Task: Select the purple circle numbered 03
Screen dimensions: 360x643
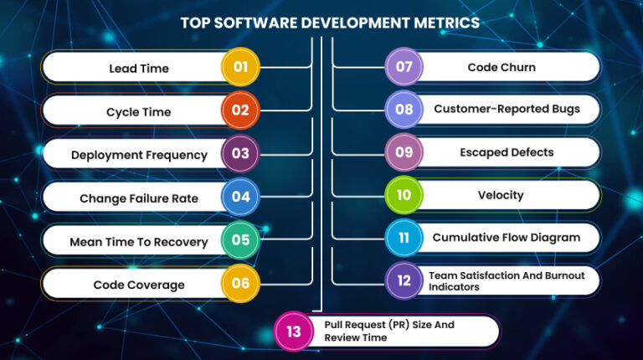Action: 240,154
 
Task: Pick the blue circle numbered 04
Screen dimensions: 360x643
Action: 240,198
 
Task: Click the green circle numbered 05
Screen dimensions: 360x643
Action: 240,241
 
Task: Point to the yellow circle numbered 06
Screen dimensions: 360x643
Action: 240,284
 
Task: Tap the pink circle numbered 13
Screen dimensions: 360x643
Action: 294,332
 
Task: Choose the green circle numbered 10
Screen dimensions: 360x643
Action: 404,195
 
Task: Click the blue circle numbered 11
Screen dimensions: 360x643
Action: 404,238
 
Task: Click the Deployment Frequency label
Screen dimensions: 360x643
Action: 139,155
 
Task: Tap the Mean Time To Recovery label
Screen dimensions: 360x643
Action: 139,242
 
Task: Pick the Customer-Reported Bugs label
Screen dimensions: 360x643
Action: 506,109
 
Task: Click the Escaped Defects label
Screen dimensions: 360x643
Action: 506,152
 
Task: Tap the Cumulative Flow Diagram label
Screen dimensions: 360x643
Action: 506,238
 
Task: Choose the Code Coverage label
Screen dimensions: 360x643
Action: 139,285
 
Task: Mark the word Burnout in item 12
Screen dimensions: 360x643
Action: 559,275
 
